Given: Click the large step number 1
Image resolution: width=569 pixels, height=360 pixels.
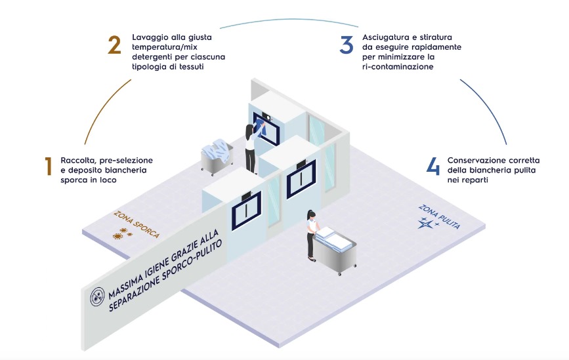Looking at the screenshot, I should (x=48, y=167).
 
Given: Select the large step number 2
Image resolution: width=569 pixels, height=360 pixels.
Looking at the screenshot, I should (x=114, y=44).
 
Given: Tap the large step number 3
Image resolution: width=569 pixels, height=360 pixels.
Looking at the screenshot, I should (x=347, y=44).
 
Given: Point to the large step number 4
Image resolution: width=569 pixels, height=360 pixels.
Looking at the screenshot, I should (x=432, y=167).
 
